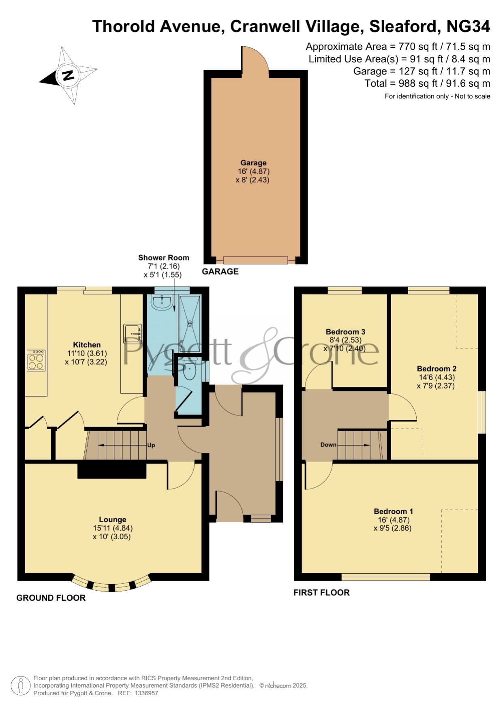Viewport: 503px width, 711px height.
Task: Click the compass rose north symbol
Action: click(68, 75)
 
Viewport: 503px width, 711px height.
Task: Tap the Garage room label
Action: click(253, 163)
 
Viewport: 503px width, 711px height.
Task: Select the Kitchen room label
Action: click(87, 345)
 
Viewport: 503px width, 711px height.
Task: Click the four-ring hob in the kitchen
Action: click(36, 360)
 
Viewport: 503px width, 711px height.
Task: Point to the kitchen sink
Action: click(133, 333)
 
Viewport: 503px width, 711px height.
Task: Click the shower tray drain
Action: click(190, 324)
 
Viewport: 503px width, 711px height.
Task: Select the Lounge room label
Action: click(113, 519)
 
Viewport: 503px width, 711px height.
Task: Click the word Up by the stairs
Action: click(151, 445)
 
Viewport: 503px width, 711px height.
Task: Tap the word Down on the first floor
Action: click(328, 444)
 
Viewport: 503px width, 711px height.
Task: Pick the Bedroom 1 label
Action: click(393, 511)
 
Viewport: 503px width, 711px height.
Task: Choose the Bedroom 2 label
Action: click(437, 369)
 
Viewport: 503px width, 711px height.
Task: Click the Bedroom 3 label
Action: click(345, 332)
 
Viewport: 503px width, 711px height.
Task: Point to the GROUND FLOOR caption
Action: click(51, 598)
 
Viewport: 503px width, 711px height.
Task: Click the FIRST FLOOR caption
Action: click(321, 593)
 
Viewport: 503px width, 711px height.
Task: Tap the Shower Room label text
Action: click(164, 258)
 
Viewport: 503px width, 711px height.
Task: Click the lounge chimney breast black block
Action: click(112, 471)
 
